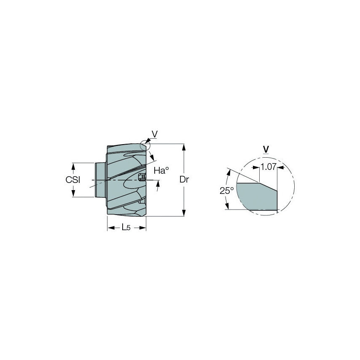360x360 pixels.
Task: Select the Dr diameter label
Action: (183, 180)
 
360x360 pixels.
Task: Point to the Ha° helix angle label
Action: (161, 170)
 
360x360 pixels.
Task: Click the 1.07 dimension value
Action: (268, 167)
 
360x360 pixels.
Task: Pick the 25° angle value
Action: (226, 191)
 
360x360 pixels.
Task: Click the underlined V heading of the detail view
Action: (266, 149)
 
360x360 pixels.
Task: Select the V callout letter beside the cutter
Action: (155, 134)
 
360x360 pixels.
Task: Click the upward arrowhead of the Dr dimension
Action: (183, 147)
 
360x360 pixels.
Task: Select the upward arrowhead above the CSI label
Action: (73, 166)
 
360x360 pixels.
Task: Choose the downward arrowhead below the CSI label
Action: (73, 193)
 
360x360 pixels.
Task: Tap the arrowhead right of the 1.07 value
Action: (281, 167)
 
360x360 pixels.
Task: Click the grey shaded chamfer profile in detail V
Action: (255, 196)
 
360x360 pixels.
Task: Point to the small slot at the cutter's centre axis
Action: (142, 177)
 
